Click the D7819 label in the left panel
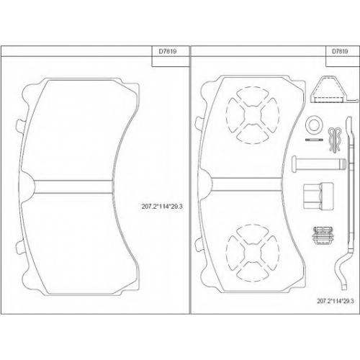(x=168, y=52)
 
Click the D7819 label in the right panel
(x=340, y=51)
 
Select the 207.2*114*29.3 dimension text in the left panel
(x=162, y=207)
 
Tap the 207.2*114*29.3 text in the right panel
(x=336, y=301)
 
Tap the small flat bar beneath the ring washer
(x=314, y=140)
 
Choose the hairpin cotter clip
(x=335, y=140)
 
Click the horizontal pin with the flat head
(x=319, y=164)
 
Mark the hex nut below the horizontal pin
(x=318, y=196)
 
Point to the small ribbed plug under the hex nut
(x=323, y=235)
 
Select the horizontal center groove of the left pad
(x=73, y=186)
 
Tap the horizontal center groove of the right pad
(x=247, y=184)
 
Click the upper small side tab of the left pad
(x=19, y=125)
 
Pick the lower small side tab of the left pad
(x=19, y=247)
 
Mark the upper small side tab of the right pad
(x=199, y=123)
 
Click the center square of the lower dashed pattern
(x=253, y=253)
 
